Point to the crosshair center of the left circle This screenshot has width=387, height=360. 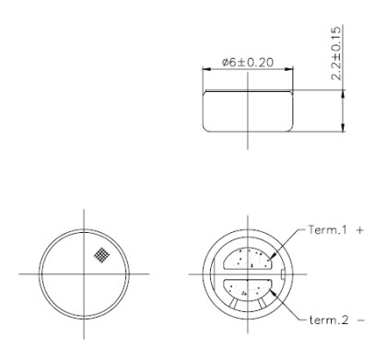[86, 273]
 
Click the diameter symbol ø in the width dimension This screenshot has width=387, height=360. [225, 63]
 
